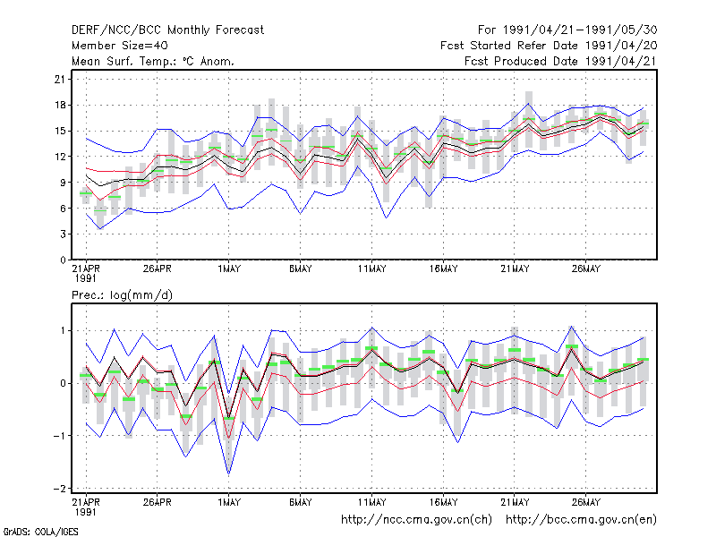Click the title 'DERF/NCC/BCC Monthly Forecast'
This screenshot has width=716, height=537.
pos(167,30)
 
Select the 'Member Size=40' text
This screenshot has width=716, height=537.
pos(120,46)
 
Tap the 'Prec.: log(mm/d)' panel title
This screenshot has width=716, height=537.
pos(122,295)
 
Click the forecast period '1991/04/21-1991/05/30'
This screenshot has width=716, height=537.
pos(580,30)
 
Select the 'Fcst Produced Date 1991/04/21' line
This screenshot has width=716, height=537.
pos(560,61)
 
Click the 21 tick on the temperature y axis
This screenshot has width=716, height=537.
pos(60,80)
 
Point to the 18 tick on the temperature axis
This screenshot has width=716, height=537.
pos(60,105)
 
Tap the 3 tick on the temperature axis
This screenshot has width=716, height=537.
pos(63,234)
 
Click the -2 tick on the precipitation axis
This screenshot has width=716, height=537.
pos(59,489)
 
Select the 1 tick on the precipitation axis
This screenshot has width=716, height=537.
pos(63,330)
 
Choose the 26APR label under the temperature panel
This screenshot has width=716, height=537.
pos(158,269)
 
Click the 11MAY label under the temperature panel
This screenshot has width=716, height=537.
pos(371,269)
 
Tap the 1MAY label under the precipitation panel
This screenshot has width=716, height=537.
pos(229,502)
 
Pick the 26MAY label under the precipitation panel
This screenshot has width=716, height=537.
pos(586,502)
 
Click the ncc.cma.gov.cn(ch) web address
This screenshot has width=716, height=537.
pos(416,520)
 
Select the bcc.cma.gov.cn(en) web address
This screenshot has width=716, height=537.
pos(581,520)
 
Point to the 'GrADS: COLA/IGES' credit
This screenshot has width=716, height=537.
pos(40,532)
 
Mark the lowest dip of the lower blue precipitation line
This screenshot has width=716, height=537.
pos(228,474)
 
